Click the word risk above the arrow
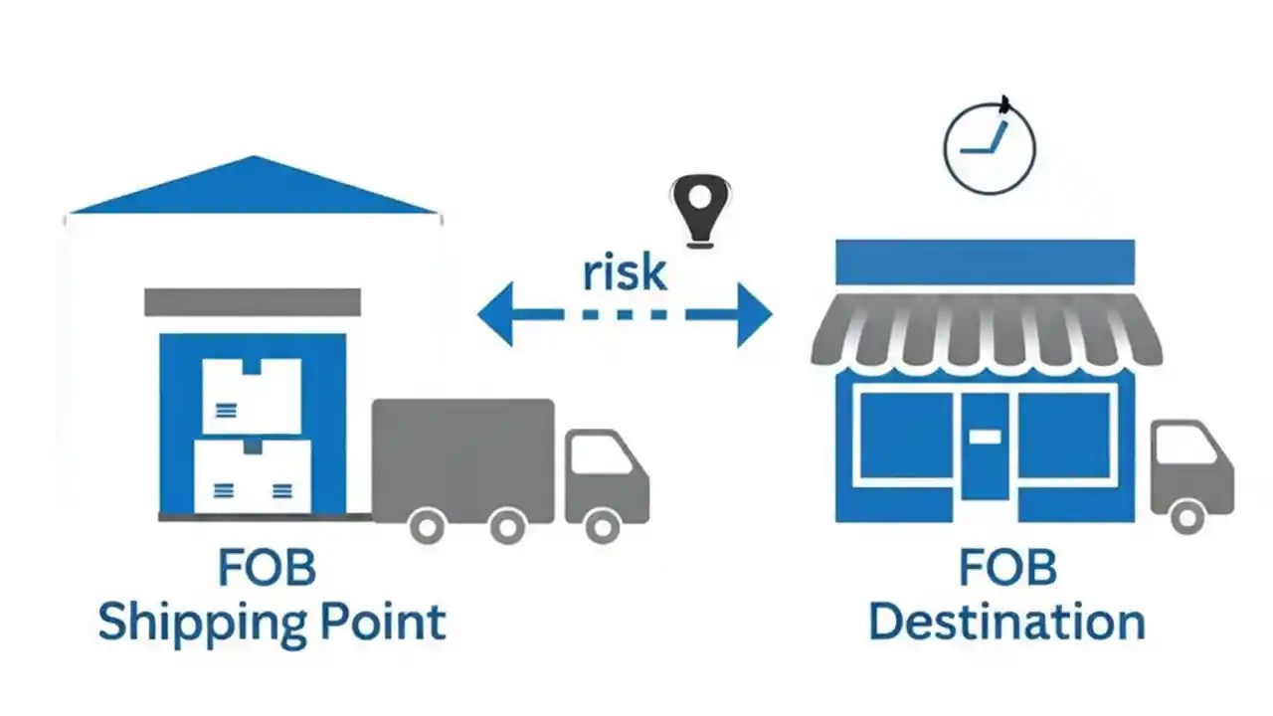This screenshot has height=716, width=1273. pyautogui.click(x=624, y=270)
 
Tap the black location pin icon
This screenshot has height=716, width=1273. pyautogui.click(x=699, y=207)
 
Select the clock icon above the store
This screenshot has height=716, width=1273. pyautogui.click(x=989, y=148)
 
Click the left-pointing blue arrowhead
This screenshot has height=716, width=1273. pyautogui.click(x=497, y=314)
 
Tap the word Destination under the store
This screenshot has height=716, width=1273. pyautogui.click(x=1006, y=622)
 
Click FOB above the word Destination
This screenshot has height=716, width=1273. pyautogui.click(x=1006, y=569)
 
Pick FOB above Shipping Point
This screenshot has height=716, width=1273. pyautogui.click(x=267, y=569)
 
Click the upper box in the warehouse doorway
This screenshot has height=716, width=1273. pyautogui.click(x=252, y=396)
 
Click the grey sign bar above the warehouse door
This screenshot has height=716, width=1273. pyautogui.click(x=253, y=302)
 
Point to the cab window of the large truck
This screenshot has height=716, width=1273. pyautogui.click(x=600, y=454)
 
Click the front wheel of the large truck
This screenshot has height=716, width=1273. pyautogui.click(x=602, y=524)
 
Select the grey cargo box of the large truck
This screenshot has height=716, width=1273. pyautogui.click(x=462, y=457)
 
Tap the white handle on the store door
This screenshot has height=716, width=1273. pyautogui.click(x=985, y=436)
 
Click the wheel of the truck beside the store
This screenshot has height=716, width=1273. pyautogui.click(x=1186, y=516)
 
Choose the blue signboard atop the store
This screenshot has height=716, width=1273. pyautogui.click(x=985, y=262)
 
